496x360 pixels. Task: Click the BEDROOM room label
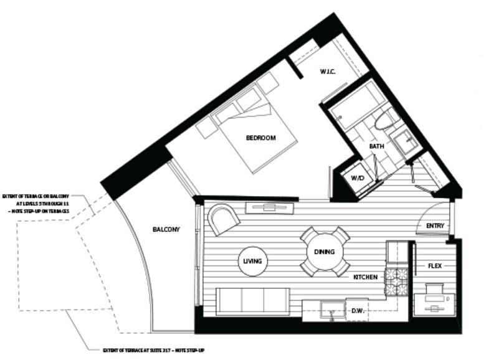(x=260, y=138)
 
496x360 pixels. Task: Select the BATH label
(x=376, y=146)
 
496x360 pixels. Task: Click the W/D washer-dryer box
(x=357, y=178)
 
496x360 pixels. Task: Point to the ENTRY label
(x=434, y=225)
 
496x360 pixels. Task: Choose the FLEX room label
(x=435, y=266)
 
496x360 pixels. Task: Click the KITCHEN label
(x=365, y=277)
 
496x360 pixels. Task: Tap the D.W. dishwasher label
(x=358, y=310)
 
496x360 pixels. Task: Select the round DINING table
(x=325, y=252)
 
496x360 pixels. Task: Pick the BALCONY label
(x=166, y=229)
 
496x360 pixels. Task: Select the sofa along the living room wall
(x=251, y=301)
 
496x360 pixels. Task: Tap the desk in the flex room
(x=436, y=298)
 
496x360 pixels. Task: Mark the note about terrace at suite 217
(x=154, y=351)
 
